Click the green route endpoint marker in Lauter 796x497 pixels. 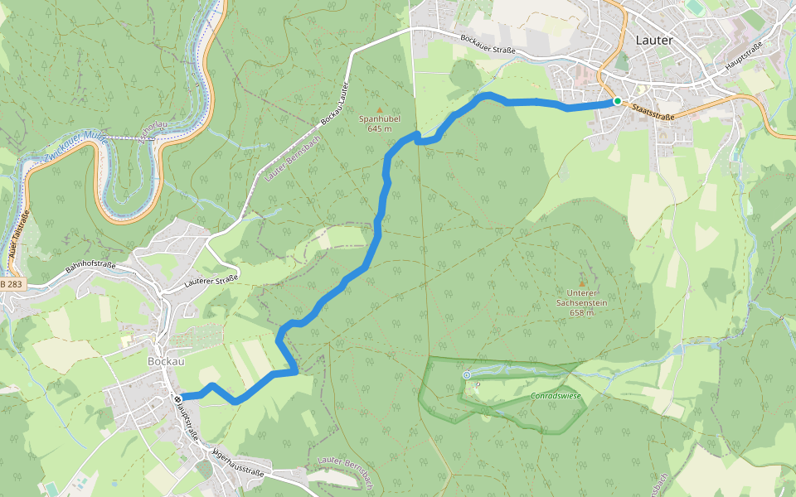(x=617, y=101)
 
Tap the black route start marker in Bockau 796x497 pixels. (x=177, y=399)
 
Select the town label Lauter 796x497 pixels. (x=654, y=39)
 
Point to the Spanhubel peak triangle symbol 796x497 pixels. (x=380, y=109)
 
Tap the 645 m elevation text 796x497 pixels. (x=379, y=128)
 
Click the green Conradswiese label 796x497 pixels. (x=556, y=396)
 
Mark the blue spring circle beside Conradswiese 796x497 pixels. (x=466, y=375)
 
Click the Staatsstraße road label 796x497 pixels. (x=652, y=109)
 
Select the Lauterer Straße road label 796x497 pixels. (x=211, y=279)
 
